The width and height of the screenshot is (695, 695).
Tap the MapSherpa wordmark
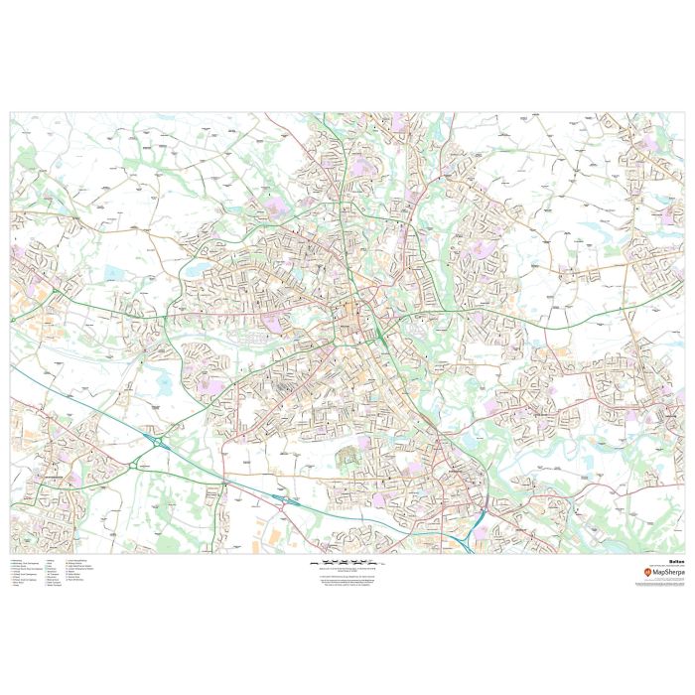point(666,574)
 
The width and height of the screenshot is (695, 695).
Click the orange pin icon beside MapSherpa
point(649,574)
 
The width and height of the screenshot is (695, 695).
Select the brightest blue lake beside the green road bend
point(192,270)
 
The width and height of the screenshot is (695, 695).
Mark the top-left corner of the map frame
point(11,112)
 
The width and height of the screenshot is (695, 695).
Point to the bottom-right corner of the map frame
point(684,554)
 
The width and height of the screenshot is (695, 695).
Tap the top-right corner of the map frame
point(684,112)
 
